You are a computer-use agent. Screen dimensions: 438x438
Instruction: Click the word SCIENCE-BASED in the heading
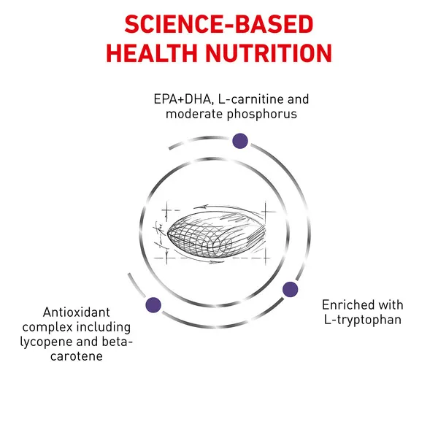219,24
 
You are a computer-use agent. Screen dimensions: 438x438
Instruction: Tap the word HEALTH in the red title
152,53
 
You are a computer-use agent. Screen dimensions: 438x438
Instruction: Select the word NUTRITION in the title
269,53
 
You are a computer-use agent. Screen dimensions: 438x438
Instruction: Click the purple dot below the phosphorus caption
240,141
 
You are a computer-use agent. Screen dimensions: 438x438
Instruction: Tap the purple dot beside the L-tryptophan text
290,289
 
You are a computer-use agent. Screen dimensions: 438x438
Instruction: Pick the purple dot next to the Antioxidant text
153,304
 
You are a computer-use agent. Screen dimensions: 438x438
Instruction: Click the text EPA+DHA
183,99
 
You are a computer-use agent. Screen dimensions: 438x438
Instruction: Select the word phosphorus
262,115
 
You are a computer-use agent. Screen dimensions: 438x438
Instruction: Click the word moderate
194,115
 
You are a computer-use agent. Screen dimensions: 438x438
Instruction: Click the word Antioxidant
76,312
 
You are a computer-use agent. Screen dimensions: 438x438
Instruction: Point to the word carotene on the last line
77,356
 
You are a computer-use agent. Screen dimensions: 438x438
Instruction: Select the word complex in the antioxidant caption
47,327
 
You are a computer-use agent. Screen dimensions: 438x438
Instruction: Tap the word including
104,327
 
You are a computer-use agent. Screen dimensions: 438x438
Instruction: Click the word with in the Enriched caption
389,305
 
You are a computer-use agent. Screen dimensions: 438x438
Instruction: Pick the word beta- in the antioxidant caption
117,342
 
